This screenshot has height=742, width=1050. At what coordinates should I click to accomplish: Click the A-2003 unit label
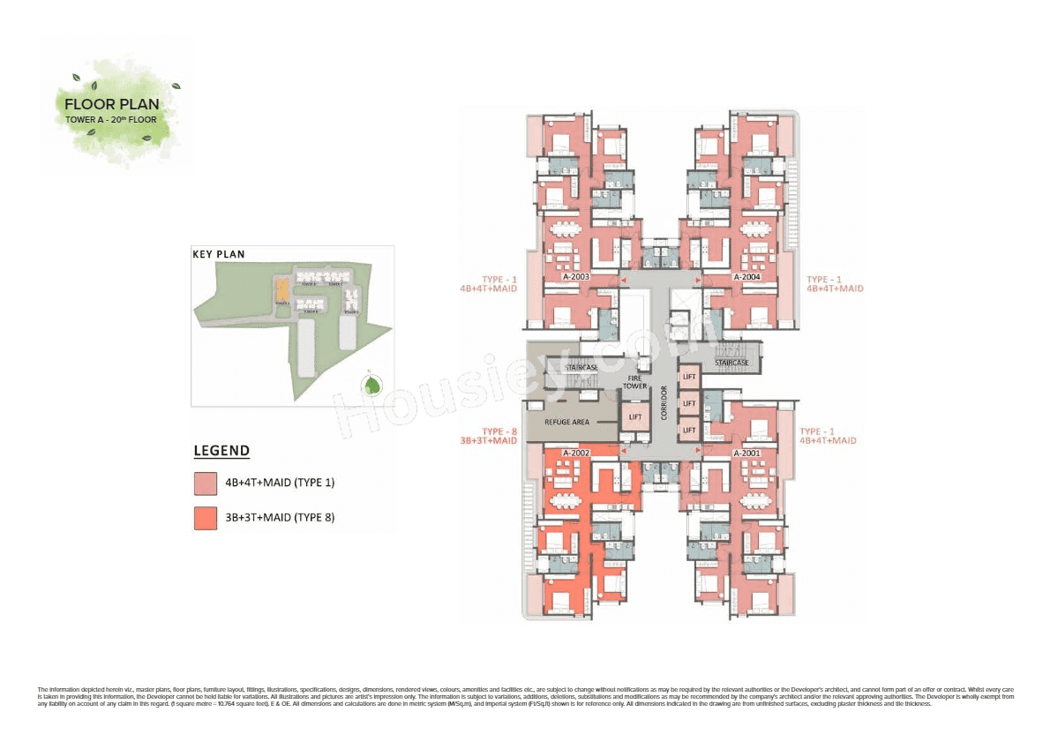pos(576,277)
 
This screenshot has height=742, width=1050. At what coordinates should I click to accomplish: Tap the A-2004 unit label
pos(746,277)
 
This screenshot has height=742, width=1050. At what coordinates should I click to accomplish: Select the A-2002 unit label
pos(576,452)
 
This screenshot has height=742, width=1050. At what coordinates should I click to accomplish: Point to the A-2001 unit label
pos(746,452)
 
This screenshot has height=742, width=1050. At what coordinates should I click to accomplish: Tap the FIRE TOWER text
pos(634,381)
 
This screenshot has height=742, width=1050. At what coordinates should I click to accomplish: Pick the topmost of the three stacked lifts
pos(689,377)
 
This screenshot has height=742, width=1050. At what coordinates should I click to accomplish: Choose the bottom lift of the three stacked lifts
pos(689,430)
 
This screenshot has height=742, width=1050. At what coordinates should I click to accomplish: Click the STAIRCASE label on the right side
pos(731,363)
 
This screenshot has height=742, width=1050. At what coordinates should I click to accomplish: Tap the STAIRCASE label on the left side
pos(581,367)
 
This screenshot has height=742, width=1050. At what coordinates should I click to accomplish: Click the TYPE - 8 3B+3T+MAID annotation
pos(487,435)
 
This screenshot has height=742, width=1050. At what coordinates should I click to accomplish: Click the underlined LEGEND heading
pos(221,451)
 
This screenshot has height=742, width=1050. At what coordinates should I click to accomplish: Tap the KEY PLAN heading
pos(219,254)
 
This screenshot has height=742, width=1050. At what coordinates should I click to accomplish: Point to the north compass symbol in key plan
pos(374,385)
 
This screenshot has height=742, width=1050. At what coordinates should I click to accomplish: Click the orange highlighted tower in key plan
pos(281,289)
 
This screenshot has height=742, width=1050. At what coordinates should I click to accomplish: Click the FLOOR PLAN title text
pos(112,104)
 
